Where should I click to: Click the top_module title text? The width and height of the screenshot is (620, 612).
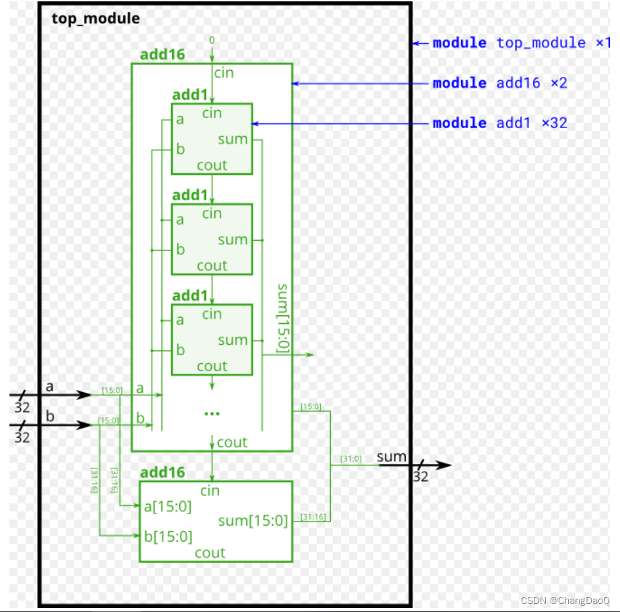coord(96,18)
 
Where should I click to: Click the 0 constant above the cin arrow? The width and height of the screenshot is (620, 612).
coord(212,40)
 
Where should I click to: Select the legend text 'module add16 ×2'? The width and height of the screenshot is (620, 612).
coord(499,83)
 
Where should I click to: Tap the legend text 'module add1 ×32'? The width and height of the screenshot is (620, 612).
coord(499,123)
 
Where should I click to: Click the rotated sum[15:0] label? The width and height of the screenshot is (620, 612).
coord(284,318)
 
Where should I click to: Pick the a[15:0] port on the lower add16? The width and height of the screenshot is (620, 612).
coord(168,507)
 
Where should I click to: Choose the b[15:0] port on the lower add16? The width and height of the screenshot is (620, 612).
coord(168,536)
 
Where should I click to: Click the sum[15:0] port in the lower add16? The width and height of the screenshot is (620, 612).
coord(253,521)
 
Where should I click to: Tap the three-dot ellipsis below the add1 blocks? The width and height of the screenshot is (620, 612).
coord(212,412)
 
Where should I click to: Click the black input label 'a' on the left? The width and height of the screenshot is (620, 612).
coord(49,387)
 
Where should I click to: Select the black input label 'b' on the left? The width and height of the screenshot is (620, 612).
coord(49,416)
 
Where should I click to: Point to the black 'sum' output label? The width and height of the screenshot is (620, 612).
coord(392,457)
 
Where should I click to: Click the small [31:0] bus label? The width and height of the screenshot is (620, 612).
coord(351,459)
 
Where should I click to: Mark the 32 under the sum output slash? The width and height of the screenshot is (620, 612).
coord(421,477)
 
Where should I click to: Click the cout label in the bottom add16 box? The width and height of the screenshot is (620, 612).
coord(210,553)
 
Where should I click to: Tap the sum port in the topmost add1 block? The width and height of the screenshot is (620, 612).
coord(232,140)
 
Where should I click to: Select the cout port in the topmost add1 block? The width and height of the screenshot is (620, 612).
coord(212,165)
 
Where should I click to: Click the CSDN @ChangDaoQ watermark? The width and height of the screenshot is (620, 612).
coord(565,601)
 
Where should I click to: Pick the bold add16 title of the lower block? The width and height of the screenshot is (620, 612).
coord(162,472)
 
